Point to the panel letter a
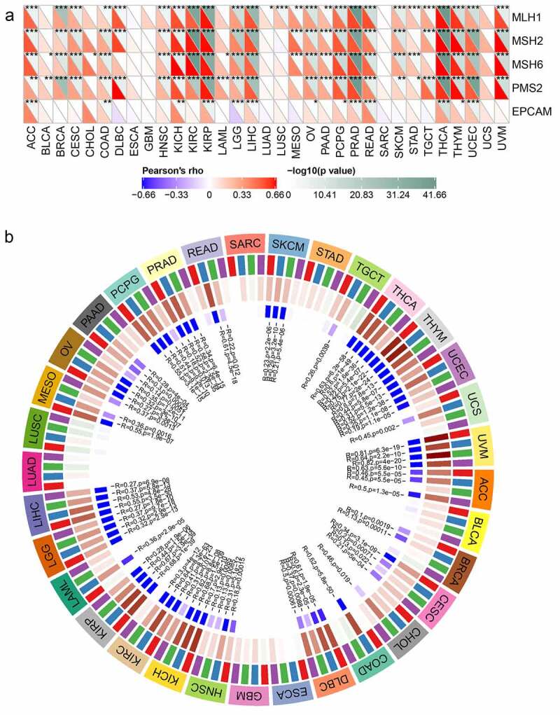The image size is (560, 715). [x=8, y=8]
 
